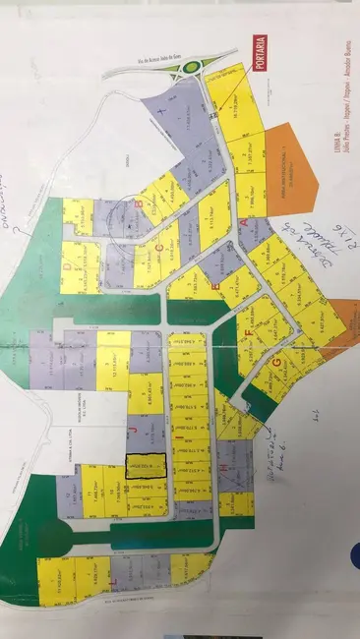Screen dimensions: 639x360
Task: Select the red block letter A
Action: coord(244,223)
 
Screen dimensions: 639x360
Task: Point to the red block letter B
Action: coord(141,204)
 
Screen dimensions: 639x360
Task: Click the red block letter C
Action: coord(158,249)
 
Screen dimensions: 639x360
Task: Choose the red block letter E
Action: coord(214,283)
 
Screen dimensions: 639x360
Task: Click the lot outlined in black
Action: coord(146,467)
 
